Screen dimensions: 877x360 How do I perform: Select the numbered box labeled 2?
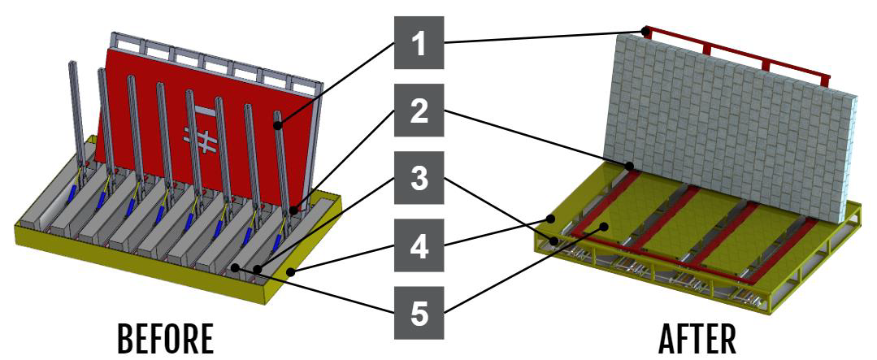coord(419,111)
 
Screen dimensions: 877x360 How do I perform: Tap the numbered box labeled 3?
coord(419,178)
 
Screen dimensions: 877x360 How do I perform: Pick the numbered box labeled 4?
coord(419,245)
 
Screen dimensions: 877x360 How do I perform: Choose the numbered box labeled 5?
coord(419,313)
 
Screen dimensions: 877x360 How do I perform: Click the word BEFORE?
coord(165,338)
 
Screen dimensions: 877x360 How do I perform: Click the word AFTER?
coord(697,338)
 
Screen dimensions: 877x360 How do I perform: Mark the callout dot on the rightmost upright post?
coord(278,126)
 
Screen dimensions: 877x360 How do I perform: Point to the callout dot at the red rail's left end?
coord(646,32)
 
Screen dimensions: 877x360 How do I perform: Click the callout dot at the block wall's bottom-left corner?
coord(629,166)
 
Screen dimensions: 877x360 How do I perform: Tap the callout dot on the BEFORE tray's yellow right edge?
coord(291,272)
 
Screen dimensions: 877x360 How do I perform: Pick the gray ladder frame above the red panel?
coord(215,56)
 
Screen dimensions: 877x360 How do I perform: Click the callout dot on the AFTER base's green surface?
coord(604,227)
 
